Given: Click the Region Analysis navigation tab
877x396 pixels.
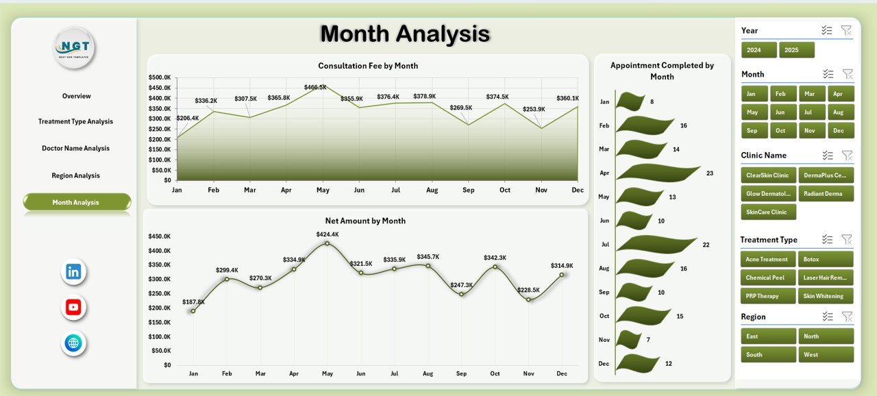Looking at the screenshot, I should click(x=75, y=176).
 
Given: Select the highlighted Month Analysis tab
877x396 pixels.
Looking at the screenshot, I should click(x=77, y=202).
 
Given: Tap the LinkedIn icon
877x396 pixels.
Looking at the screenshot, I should click(x=73, y=272).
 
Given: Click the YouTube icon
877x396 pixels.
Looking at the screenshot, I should click(x=73, y=307).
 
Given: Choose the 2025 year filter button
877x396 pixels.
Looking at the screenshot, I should click(x=797, y=50).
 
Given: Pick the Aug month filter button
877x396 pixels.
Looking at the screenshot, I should click(x=841, y=112).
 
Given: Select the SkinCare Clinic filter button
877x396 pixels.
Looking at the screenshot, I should click(x=768, y=212).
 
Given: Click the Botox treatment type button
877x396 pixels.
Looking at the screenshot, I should click(x=826, y=260).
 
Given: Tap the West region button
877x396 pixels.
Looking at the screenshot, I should click(x=826, y=355).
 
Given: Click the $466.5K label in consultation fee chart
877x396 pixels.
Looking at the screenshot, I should click(x=315, y=88).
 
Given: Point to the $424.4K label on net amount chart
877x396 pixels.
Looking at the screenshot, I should click(x=328, y=234).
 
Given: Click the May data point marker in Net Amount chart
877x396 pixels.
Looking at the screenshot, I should click(x=327, y=243).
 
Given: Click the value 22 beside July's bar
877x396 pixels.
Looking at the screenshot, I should click(x=706, y=245).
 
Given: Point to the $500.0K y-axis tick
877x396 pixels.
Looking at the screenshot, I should click(x=160, y=77).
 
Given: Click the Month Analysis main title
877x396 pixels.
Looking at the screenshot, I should click(x=405, y=34).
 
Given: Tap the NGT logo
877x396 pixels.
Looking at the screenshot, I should click(x=74, y=47).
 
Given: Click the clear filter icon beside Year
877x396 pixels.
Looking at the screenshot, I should click(x=846, y=30).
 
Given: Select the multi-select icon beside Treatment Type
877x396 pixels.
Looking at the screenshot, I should click(x=828, y=239).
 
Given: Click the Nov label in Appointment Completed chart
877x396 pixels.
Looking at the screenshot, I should click(x=604, y=340).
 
